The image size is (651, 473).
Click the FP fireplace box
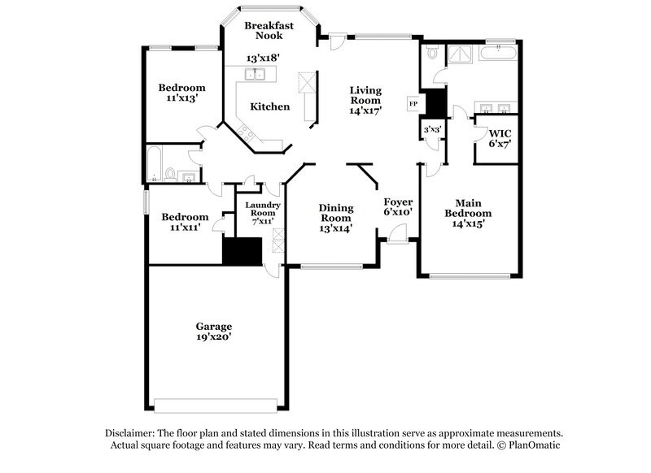click(413, 104)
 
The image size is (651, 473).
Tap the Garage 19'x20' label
click(212, 332)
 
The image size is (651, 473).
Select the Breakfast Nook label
click(269, 30)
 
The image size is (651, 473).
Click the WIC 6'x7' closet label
click(499, 137)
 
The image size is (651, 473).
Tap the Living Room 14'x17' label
click(366, 100)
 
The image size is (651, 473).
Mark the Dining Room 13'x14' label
click(335, 218)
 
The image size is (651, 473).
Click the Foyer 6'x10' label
click(399, 206)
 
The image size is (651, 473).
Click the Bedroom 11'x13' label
click(181, 93)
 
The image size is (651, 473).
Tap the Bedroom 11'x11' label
click(184, 223)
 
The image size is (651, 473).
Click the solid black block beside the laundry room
click(242, 251)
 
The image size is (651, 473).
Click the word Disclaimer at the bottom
click(133, 433)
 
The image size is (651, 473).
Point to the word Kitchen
click(269, 106)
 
